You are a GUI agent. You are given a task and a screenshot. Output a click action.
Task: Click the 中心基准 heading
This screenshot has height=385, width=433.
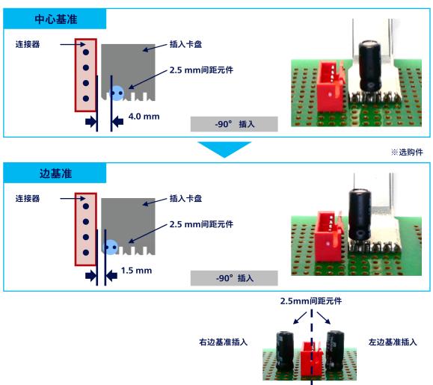(56, 19)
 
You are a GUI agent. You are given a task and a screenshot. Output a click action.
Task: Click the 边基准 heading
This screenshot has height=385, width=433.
(56, 173)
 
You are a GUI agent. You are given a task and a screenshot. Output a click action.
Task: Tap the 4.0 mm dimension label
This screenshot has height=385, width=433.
(144, 117)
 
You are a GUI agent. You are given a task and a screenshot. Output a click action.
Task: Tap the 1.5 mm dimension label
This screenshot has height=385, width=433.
(136, 271)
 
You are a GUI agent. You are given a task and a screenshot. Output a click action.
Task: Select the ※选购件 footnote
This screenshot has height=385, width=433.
(407, 152)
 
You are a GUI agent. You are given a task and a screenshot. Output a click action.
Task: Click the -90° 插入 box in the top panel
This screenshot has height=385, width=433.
(234, 124)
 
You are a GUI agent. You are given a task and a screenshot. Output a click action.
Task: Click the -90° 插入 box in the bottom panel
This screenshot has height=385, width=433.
(234, 278)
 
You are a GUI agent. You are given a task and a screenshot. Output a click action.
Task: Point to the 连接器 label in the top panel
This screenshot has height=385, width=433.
(28, 44)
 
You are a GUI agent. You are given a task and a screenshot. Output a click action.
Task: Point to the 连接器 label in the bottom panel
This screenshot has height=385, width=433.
(28, 198)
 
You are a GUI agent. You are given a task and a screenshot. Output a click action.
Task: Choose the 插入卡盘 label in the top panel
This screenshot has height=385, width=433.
(186, 44)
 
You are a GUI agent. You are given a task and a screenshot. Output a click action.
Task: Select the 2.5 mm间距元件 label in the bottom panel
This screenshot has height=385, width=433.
(201, 224)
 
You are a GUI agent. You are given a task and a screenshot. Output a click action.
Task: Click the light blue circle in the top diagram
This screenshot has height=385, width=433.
(117, 93)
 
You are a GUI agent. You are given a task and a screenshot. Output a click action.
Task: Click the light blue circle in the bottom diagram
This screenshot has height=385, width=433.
(110, 247)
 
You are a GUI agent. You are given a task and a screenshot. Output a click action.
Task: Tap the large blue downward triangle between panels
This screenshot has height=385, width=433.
(224, 148)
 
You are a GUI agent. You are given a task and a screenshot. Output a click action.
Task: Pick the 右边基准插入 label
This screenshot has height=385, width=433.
(223, 342)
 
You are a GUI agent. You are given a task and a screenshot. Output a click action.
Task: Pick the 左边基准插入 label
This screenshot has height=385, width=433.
(393, 342)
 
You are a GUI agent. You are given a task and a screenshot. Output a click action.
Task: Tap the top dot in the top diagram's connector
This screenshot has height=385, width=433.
(86, 52)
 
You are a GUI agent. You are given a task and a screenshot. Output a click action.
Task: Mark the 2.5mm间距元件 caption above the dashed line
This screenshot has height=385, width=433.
(311, 301)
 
